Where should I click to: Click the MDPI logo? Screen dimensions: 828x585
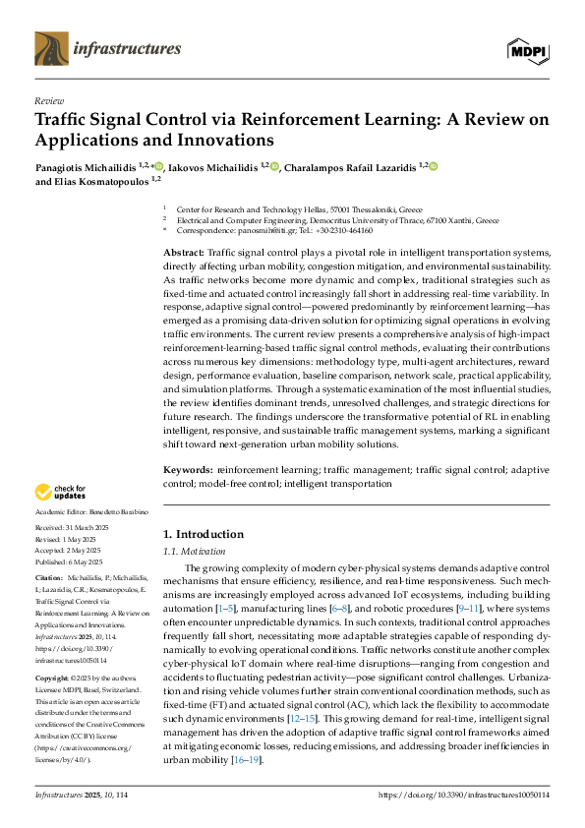click(x=527, y=50)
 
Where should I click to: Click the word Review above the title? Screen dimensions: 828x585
click(x=49, y=101)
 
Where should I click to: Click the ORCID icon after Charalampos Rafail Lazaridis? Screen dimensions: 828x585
click(x=434, y=166)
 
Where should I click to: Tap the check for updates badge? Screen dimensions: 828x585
click(x=62, y=491)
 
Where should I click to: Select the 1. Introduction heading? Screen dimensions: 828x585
click(x=203, y=534)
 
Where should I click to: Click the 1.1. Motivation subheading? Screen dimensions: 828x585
click(x=194, y=553)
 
